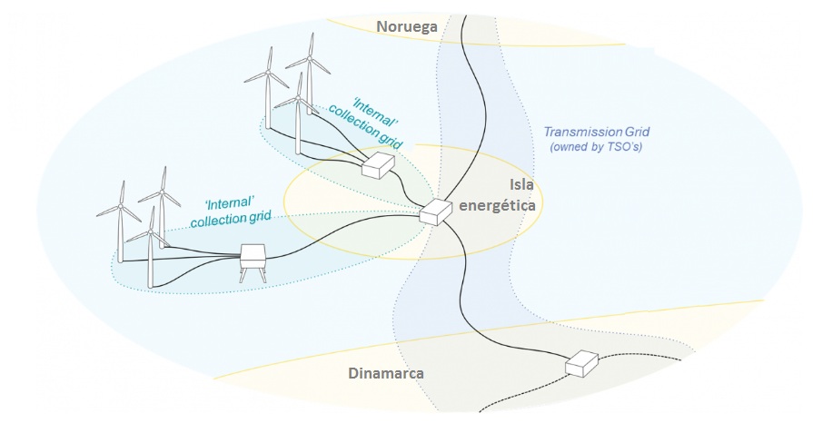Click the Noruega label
coord(408,27)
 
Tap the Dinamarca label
coord(386,373)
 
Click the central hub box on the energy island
coord(436,211)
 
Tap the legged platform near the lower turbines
coord(252,260)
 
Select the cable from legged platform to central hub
coord(345,241)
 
